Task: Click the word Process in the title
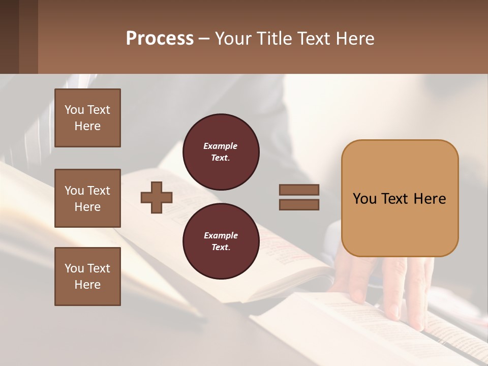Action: point(160,39)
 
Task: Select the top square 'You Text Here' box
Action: point(87,118)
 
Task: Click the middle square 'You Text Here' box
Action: point(87,198)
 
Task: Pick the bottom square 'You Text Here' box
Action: point(87,277)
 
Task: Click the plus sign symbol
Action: point(157,197)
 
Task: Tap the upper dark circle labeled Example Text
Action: point(221,152)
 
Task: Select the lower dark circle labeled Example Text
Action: point(221,241)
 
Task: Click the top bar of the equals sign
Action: point(299,190)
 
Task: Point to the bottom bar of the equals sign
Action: point(299,205)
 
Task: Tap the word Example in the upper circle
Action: point(220,146)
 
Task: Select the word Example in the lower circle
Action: point(221,236)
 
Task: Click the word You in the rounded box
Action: point(364,199)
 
